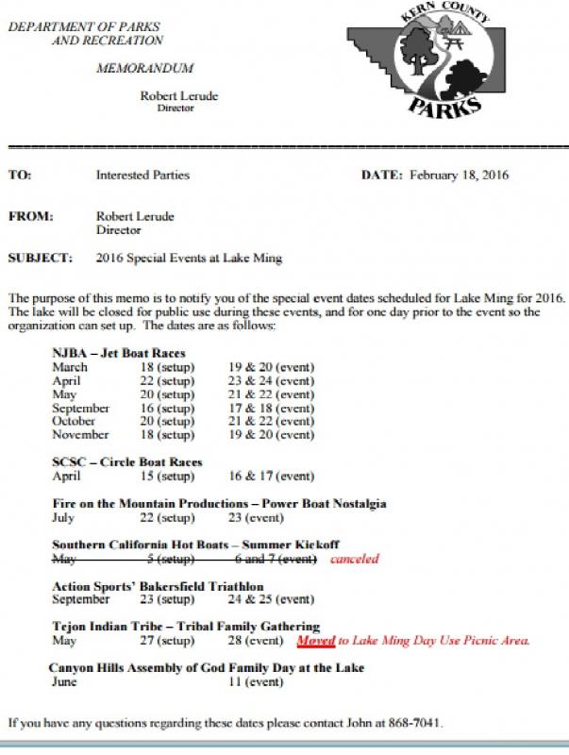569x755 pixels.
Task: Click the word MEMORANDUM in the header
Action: pyautogui.click(x=145, y=69)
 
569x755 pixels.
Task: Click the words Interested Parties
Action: pyautogui.click(x=142, y=175)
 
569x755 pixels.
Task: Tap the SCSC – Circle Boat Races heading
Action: pyautogui.click(x=127, y=462)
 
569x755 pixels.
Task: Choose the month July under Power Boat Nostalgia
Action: pyautogui.click(x=64, y=518)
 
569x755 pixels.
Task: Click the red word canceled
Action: pyautogui.click(x=354, y=559)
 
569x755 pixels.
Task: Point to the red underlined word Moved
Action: pyautogui.click(x=315, y=641)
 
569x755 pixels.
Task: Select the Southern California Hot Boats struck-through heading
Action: pyautogui.click(x=195, y=545)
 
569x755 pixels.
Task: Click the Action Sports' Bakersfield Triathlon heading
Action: pyautogui.click(x=158, y=586)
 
